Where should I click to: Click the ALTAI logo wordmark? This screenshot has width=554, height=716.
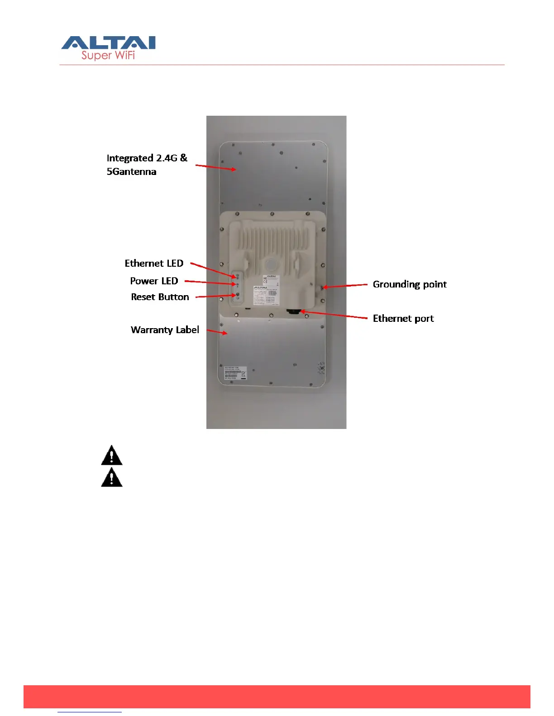[x=109, y=42]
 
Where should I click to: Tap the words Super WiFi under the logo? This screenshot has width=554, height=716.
[x=108, y=56]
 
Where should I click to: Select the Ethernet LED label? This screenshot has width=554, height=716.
[x=154, y=263]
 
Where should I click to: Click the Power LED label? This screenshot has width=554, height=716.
[x=154, y=281]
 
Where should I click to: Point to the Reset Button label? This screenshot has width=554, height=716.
[x=160, y=297]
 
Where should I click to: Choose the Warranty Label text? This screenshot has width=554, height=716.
[x=165, y=330]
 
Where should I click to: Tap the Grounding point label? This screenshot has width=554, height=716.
[x=410, y=284]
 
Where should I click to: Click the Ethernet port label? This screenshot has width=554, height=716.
[x=403, y=318]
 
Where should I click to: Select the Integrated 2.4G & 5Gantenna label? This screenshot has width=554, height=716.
[x=147, y=165]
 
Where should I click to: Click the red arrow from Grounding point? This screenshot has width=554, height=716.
[x=345, y=286]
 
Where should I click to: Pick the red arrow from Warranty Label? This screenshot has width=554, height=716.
[x=217, y=332]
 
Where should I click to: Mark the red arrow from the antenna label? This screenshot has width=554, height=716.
[x=216, y=167]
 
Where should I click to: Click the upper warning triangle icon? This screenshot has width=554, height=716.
[x=112, y=456]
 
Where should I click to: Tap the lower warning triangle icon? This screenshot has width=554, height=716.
[x=112, y=478]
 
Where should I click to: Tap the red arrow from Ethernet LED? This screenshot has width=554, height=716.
[x=213, y=270]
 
